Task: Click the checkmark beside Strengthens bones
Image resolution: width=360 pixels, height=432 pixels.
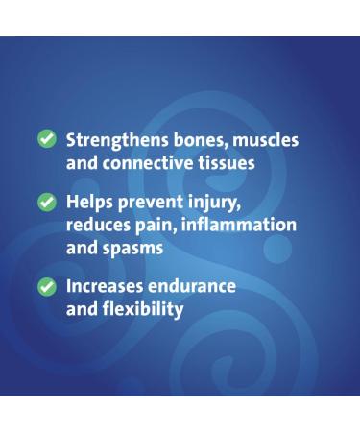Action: [47, 140]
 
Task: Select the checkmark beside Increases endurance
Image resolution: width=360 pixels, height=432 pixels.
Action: [47, 287]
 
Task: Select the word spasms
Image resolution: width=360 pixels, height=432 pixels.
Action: [138, 249]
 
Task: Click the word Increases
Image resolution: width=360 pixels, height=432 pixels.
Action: [108, 287]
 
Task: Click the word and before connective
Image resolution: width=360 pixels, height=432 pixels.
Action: [82, 163]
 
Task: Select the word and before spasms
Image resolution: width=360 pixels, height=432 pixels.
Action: [82, 249]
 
